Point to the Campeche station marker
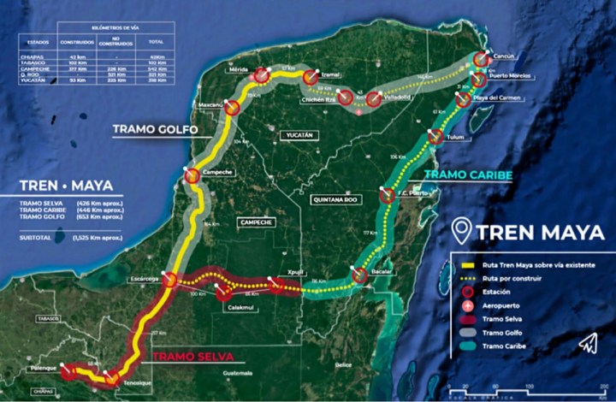193,174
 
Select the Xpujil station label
296,270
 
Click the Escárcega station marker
169,279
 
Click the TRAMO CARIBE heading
469,175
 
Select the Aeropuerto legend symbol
466,305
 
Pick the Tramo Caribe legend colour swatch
466,346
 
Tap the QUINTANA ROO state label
335,198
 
